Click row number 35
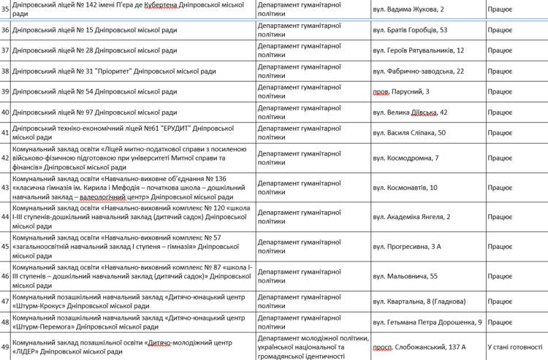[5, 9]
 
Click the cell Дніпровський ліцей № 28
[95, 50]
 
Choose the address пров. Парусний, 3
[400, 91]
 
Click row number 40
[5, 112]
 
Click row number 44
[5, 217]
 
